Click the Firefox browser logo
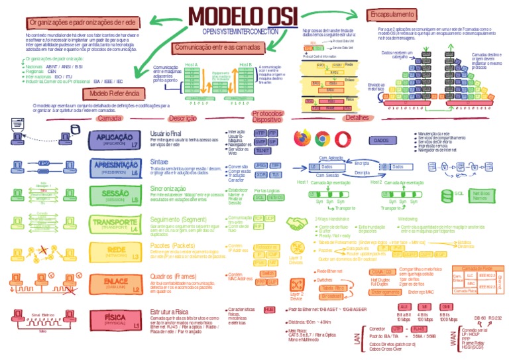coord(302,139)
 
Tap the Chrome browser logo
coord(323,139)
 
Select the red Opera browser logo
coord(343,139)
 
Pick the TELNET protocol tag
coord(263,150)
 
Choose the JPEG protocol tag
coord(260,165)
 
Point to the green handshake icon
coord(295,223)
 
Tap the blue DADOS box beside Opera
coord(380,141)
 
